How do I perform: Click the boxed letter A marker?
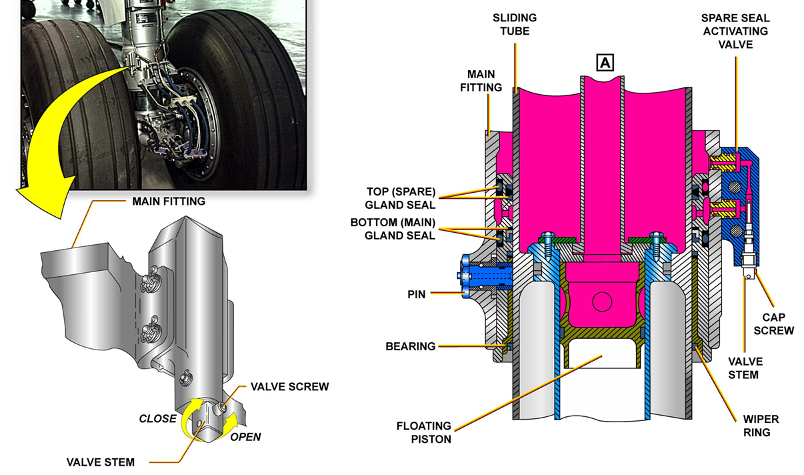pyautogui.click(x=605, y=63)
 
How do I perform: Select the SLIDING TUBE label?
pyautogui.click(x=514, y=24)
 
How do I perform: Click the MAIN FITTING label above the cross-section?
pyautogui.click(x=485, y=80)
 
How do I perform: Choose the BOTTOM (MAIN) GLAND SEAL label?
pyautogui.click(x=393, y=229)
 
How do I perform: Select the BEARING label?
pyautogui.click(x=410, y=346)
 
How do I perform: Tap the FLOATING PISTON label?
pyautogui.click(x=423, y=432)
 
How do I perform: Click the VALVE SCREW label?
pyautogui.click(x=289, y=387)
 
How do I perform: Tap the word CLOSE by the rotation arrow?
pyautogui.click(x=157, y=419)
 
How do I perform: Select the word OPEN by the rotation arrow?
pyautogui.click(x=245, y=437)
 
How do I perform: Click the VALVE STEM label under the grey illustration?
pyautogui.click(x=100, y=462)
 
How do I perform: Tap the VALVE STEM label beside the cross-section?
pyautogui.click(x=745, y=368)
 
